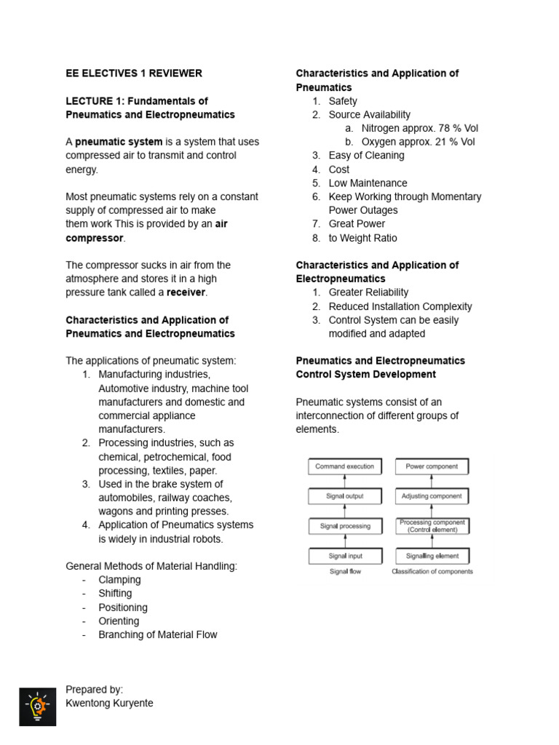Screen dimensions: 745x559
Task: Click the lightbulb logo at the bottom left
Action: pyautogui.click(x=37, y=706)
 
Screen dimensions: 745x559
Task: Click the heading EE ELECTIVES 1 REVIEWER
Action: pyautogui.click(x=134, y=73)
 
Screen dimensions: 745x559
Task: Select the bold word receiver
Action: pyautogui.click(x=186, y=292)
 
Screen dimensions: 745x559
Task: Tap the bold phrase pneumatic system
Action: pyautogui.click(x=119, y=142)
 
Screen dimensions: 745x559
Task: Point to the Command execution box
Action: pyautogui.click(x=344, y=467)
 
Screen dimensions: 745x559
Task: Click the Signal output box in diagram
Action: pyautogui.click(x=344, y=496)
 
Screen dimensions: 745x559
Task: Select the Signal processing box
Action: pyautogui.click(x=344, y=526)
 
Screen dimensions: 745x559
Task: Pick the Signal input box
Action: pyautogui.click(x=344, y=556)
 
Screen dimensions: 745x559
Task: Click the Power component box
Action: pyautogui.click(x=432, y=467)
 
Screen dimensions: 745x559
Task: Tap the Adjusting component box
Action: pyautogui.click(x=432, y=496)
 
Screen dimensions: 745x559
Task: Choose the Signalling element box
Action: pyautogui.click(x=432, y=556)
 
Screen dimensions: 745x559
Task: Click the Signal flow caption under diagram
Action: pyautogui.click(x=344, y=572)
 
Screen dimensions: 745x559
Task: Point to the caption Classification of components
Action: pyautogui.click(x=432, y=572)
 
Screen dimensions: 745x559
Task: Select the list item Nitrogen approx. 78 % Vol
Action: pyautogui.click(x=419, y=128)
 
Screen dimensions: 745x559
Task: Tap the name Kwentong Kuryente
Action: pyautogui.click(x=109, y=704)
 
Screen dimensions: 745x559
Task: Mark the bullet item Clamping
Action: pyautogui.click(x=119, y=580)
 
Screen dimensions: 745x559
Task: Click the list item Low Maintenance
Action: pyautogui.click(x=368, y=183)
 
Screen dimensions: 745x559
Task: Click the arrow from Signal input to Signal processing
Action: pyautogui.click(x=344, y=541)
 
